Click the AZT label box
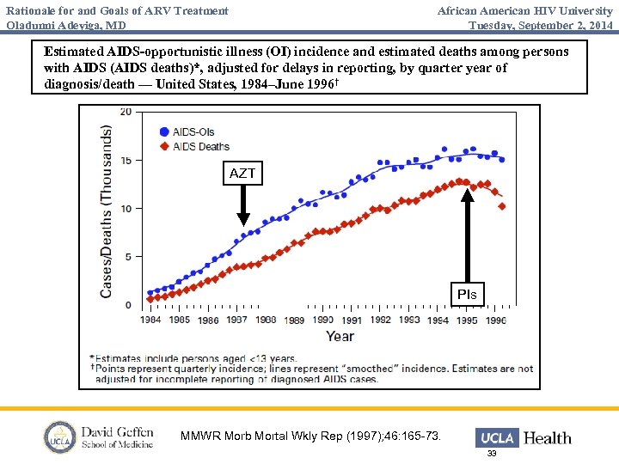[242, 174]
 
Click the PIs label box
[467, 295]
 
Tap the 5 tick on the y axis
[128, 256]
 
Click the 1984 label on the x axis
[151, 320]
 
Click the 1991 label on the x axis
[352, 320]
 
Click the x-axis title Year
[340, 336]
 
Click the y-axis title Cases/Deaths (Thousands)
[107, 211]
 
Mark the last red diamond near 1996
[502, 206]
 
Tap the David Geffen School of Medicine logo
[99, 437]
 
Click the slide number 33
[492, 454]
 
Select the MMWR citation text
[311, 437]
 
